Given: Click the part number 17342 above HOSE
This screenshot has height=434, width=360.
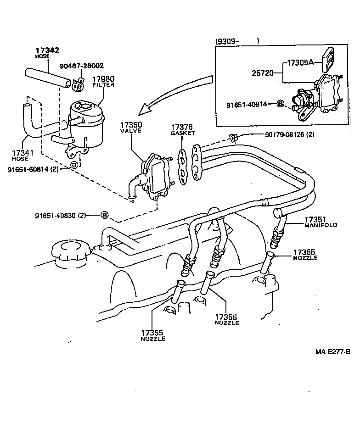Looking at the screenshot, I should [47, 50].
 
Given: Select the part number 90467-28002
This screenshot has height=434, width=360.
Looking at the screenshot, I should [82, 66].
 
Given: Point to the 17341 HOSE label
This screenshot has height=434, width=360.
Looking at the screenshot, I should [20, 155].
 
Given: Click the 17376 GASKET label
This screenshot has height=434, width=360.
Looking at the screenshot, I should [183, 129].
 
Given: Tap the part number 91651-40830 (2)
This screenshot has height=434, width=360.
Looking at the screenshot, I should [61, 215].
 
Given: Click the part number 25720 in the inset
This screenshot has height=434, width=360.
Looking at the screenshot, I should [262, 73].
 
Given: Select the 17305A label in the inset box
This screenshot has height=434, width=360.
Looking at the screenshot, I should [300, 62].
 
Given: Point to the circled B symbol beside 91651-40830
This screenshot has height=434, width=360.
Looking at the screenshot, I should [104, 215].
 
